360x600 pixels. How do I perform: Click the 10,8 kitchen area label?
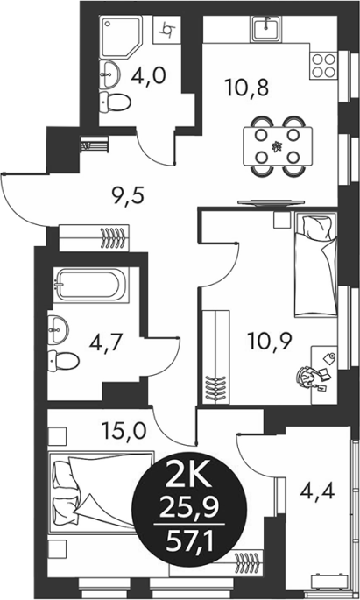click(x=247, y=88)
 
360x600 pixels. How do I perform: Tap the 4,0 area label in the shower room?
click(x=148, y=75)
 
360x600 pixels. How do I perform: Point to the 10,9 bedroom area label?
click(x=270, y=341)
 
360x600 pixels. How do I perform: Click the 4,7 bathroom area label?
click(x=106, y=342)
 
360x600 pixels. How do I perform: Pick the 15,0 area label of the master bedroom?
click(x=124, y=430)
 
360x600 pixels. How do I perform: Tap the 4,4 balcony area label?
click(x=318, y=491)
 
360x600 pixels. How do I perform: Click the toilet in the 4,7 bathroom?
click(x=64, y=361)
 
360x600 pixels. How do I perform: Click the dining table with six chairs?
click(x=278, y=146)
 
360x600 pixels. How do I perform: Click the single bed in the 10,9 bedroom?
click(x=316, y=265)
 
